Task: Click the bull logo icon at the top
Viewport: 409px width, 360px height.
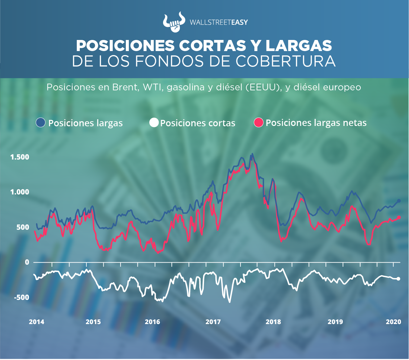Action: coord(173,22)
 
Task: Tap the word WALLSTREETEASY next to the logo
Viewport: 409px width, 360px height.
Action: coord(218,22)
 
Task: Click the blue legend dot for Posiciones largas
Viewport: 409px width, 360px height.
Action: coord(41,123)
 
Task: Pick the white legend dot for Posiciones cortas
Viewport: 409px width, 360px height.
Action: coord(154,123)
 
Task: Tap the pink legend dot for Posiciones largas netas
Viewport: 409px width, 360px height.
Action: coord(259,123)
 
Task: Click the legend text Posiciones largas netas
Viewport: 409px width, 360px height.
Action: coord(316,123)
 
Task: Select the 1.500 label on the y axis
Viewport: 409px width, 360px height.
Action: coord(19,157)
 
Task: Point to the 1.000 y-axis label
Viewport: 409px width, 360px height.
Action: coord(19,192)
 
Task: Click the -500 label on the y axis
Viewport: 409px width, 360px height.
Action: coord(21,297)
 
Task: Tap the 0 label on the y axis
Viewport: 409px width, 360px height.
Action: coord(27,262)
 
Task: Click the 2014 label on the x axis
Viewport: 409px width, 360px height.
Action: coord(36,322)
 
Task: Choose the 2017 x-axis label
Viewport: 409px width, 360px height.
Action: coord(213,322)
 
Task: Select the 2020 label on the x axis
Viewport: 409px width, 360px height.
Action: coord(393,322)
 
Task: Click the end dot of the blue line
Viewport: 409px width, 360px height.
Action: coord(399,201)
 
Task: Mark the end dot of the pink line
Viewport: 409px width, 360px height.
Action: coord(399,218)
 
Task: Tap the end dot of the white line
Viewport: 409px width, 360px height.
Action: coord(398,279)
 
